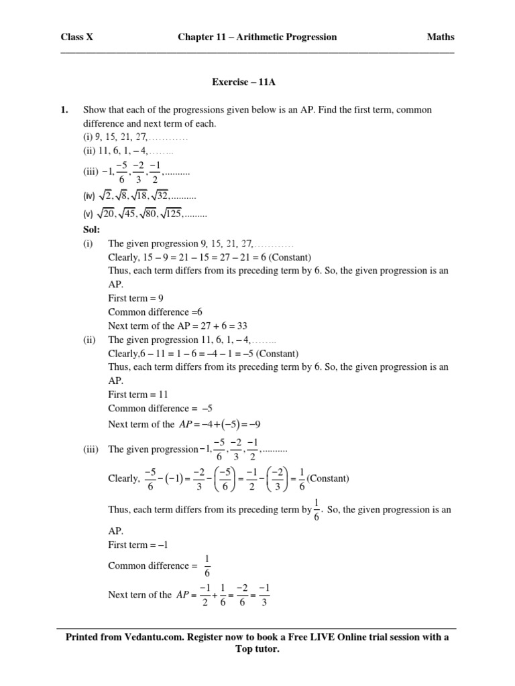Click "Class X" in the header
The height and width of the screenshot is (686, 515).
[x=77, y=37]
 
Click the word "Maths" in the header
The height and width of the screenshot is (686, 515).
[x=440, y=37]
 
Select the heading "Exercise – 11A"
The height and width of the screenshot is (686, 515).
[x=244, y=83]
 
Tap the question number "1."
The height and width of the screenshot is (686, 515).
[x=65, y=109]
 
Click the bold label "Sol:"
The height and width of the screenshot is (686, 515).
[x=91, y=230]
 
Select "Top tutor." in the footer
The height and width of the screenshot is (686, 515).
[x=257, y=650]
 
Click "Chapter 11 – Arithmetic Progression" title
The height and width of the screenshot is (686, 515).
[x=257, y=37]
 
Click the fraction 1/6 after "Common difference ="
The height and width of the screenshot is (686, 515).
[x=207, y=566]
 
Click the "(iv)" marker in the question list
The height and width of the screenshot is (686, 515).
[x=90, y=198]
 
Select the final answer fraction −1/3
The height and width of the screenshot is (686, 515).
[x=264, y=595]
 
